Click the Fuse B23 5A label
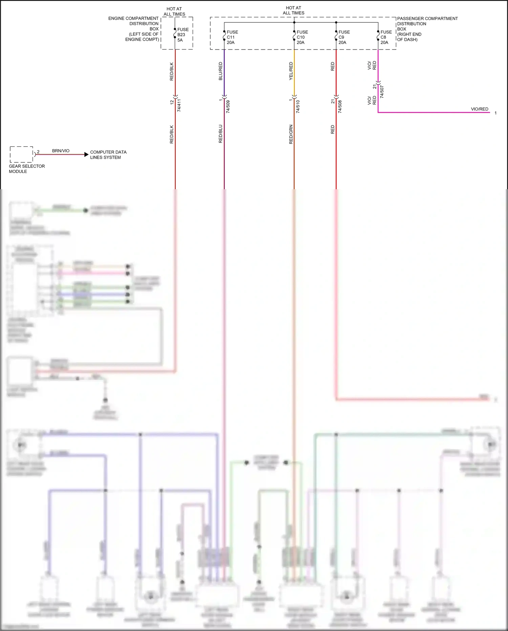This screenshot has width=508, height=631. click(183, 35)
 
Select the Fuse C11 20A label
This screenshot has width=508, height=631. click(232, 37)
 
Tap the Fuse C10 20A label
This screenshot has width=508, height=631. click(302, 37)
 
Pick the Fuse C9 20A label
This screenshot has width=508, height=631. click(344, 37)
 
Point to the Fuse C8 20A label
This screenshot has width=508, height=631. click(386, 37)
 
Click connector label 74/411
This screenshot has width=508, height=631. click(179, 105)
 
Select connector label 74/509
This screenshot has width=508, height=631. click(228, 106)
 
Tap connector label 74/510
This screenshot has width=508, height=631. click(298, 106)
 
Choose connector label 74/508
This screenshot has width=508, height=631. click(340, 106)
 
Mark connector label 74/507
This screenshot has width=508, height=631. click(382, 92)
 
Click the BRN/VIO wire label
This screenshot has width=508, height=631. click(61, 151)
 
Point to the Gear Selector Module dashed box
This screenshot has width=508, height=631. click(21, 155)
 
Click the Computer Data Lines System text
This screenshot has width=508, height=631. click(108, 155)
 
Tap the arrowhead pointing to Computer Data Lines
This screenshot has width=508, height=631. click(86, 155)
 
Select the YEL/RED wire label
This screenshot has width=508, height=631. click(291, 71)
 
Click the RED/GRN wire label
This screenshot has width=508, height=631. click(291, 135)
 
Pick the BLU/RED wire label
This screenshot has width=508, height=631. click(220, 71)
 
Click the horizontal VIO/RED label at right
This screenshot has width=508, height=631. click(480, 109)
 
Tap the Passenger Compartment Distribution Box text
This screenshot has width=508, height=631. click(427, 29)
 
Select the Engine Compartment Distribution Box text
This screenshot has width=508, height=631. click(134, 29)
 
